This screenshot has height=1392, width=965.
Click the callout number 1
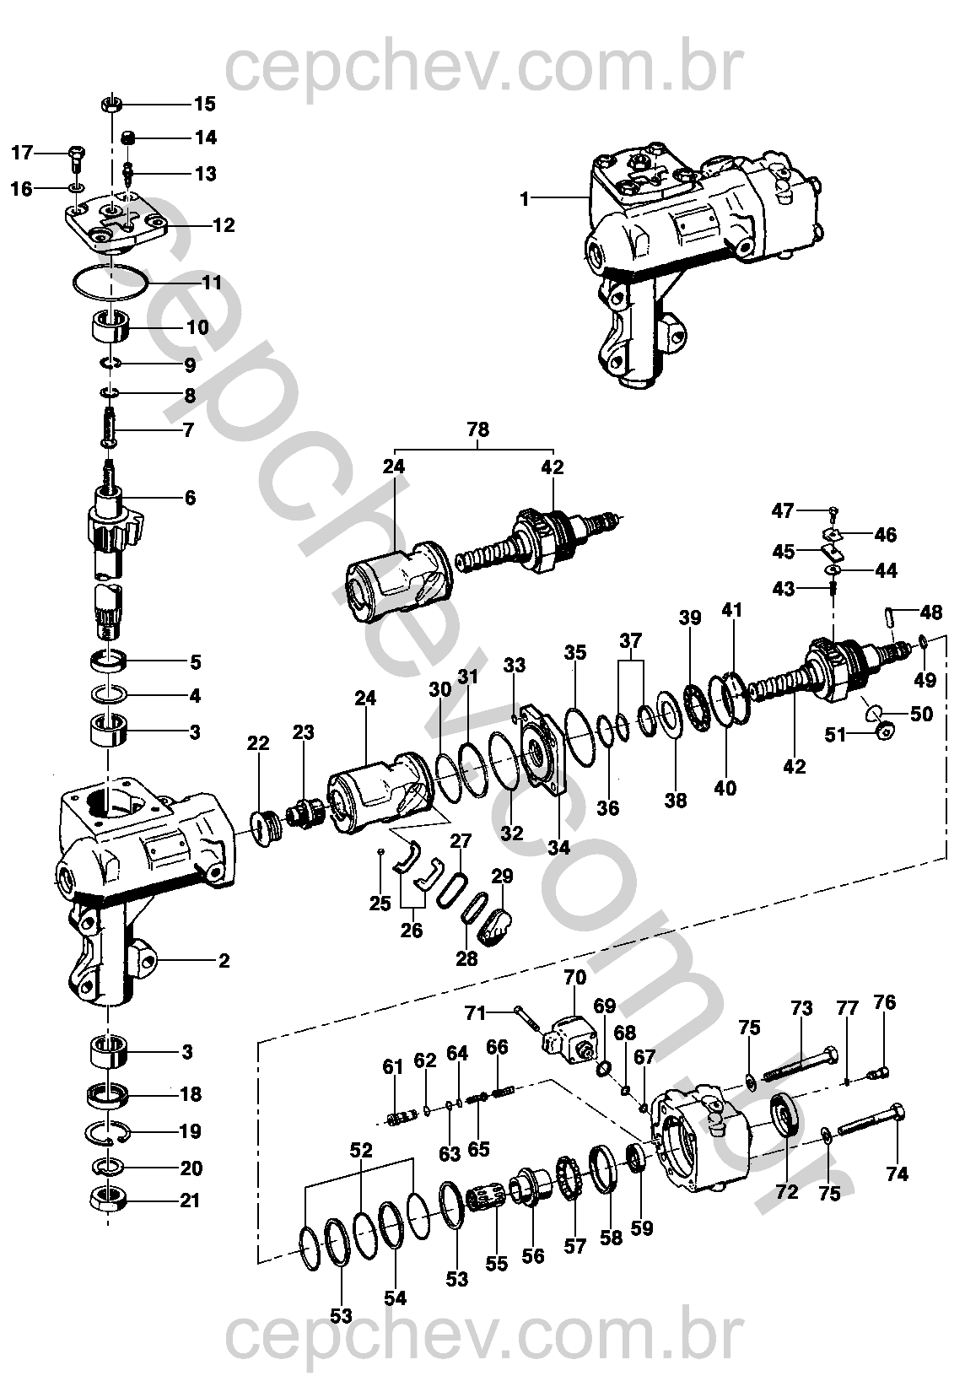pos(525,199)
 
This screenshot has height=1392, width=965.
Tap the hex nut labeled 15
pos(111,105)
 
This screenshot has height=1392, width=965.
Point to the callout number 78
pos(478,429)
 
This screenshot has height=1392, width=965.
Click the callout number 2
pos(224,961)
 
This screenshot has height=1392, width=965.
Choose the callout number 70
pos(574,978)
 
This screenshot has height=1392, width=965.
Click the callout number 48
pos(930,612)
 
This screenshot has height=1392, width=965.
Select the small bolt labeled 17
pos(76,160)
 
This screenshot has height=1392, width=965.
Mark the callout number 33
pos(515,665)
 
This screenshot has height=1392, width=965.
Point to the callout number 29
pos(502,876)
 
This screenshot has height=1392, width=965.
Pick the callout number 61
pos(393,1066)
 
